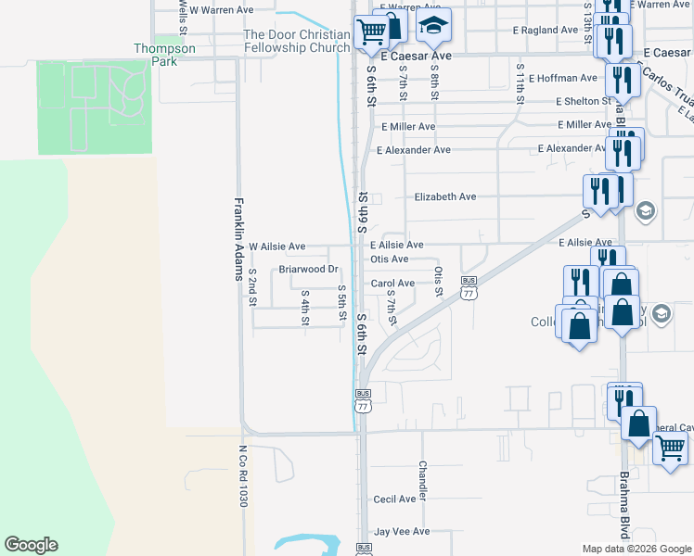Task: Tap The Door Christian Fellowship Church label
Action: pos(296,41)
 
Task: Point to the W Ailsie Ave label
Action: pos(270,246)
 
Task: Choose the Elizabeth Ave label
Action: pos(444,196)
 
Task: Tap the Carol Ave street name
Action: pos(392,284)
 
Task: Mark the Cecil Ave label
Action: pos(394,499)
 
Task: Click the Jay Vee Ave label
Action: pos(402,532)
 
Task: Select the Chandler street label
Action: pos(422,481)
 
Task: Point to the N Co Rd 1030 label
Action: pos(244,474)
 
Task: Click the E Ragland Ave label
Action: pos(546,30)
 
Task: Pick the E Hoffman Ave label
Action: pos(563,78)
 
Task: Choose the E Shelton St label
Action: pos(583,101)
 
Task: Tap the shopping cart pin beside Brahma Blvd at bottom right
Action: pos(670,449)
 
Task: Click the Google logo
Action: pos(31,545)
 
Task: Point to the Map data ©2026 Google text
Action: pos(636,549)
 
